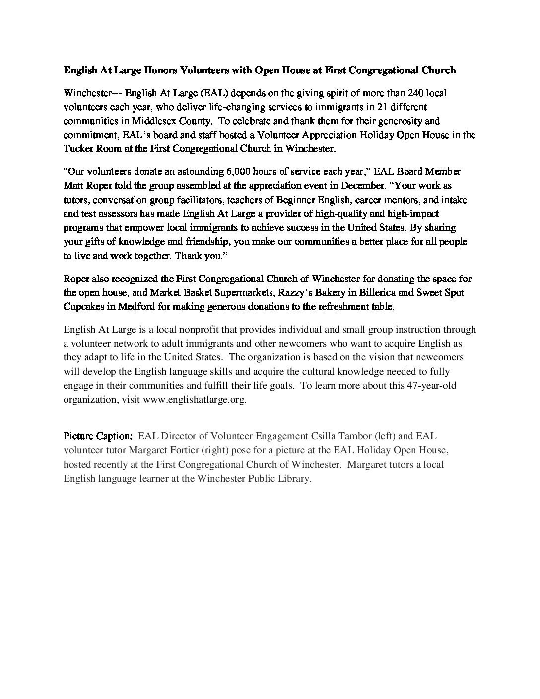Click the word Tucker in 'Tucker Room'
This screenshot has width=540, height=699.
[x=77, y=148]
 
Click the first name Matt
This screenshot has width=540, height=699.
[x=72, y=186]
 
